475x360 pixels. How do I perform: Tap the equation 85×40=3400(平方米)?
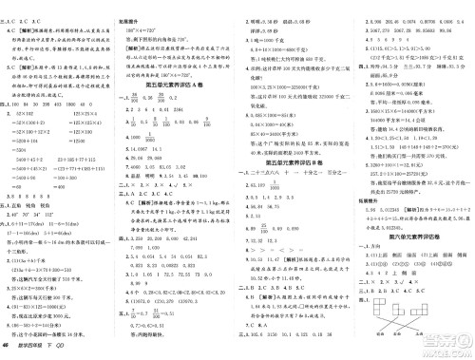click(285, 134)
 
